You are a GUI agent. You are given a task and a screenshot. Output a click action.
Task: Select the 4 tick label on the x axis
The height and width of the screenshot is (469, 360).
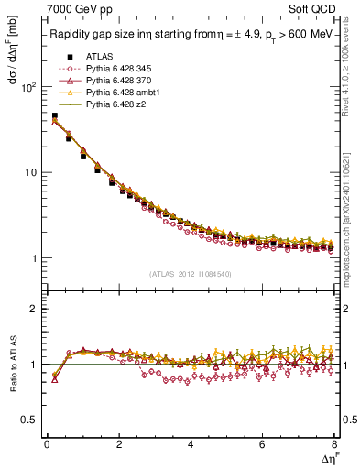point(191,444)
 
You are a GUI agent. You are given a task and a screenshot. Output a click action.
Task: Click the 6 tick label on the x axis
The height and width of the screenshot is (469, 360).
point(263,444)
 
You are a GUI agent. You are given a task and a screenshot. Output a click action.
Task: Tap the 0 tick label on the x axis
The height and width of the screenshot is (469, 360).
point(47,444)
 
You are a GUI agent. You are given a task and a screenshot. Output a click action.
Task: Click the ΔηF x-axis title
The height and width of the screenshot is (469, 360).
point(327,457)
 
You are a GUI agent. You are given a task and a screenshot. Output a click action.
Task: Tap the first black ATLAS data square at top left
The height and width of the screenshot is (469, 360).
point(54,116)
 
